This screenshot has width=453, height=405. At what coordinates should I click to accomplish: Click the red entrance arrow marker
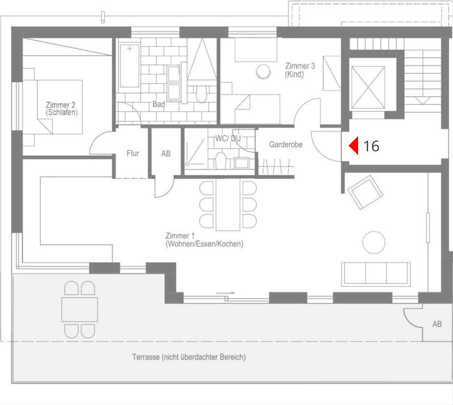tap(354, 146)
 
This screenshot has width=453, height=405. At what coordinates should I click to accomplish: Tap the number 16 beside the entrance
tap(371, 146)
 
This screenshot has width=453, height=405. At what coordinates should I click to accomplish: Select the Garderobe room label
tap(286, 145)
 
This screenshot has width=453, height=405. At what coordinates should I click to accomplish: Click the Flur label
tap(133, 153)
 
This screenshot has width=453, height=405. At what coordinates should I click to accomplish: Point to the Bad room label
tap(159, 104)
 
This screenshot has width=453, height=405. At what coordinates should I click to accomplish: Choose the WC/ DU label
tap(228, 139)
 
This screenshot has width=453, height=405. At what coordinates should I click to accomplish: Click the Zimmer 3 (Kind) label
tap(300, 70)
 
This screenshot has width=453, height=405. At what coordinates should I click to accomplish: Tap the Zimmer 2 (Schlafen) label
tap(62, 109)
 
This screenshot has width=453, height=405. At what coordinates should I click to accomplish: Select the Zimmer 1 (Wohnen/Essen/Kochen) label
tap(204, 240)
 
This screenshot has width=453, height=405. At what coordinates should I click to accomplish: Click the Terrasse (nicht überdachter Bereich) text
tap(189, 357)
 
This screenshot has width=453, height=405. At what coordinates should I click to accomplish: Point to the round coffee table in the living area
tap(374, 242)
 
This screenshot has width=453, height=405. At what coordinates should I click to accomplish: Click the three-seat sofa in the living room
tap(376, 274)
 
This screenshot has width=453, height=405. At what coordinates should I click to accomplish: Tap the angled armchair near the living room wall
tap(365, 192)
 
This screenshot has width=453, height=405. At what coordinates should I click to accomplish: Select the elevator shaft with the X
tap(368, 87)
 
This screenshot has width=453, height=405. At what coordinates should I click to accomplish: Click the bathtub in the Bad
tap(130, 66)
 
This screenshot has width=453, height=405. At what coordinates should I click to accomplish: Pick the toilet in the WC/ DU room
tap(220, 160)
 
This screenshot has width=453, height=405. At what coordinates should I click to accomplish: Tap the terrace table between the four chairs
tap(80, 310)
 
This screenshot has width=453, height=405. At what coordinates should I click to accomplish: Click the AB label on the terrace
tap(437, 324)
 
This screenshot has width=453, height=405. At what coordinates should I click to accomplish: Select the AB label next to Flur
tap(166, 154)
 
